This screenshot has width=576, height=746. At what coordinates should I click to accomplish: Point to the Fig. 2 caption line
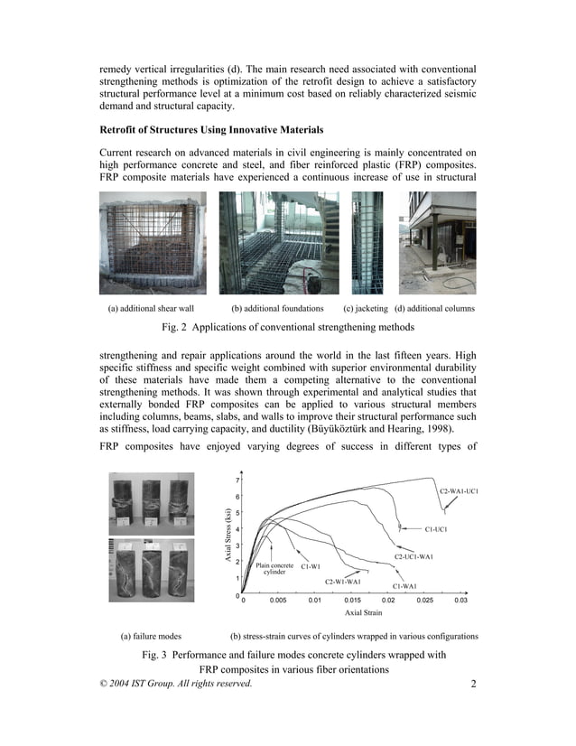(x=287, y=326)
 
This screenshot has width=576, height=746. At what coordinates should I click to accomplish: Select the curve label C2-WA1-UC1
(x=458, y=490)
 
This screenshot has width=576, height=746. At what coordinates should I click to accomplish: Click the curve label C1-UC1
(x=442, y=529)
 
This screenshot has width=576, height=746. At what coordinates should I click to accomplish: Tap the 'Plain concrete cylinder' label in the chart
(x=274, y=568)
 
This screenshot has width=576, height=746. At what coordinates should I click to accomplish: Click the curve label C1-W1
(x=311, y=566)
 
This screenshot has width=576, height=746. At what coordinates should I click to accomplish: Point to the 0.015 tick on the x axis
(x=353, y=600)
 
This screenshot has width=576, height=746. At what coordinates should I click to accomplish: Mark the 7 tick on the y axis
(x=237, y=480)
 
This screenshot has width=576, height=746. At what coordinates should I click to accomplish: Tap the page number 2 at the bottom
(x=473, y=684)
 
